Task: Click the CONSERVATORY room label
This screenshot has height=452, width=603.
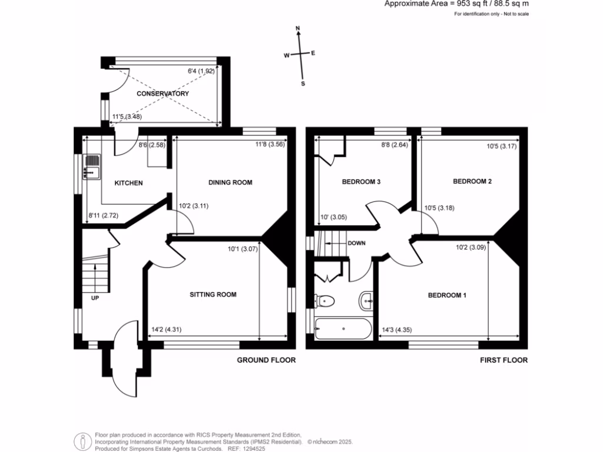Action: coord(163,94)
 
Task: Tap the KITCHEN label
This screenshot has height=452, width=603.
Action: coord(128,183)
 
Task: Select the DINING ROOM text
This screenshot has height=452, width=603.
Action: coord(230,182)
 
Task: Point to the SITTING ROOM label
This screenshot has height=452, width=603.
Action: coord(213,294)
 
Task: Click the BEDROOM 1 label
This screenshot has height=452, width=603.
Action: coord(447,295)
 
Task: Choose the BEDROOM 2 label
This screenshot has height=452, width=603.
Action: coord(472,181)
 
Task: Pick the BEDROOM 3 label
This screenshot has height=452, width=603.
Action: coord(361,182)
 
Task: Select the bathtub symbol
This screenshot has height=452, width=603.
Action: coord(343,328)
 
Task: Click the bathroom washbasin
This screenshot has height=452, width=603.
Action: coord(366,301)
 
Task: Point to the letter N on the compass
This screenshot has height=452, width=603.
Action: coord(299,28)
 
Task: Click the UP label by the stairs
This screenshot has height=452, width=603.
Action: coord(95,298)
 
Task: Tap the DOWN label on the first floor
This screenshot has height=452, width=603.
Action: coord(356,243)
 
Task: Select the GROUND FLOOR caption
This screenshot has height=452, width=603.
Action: coord(266,360)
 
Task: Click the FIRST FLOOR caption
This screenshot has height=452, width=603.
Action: coord(503,360)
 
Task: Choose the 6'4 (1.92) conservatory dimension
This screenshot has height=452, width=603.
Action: coord(200,72)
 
